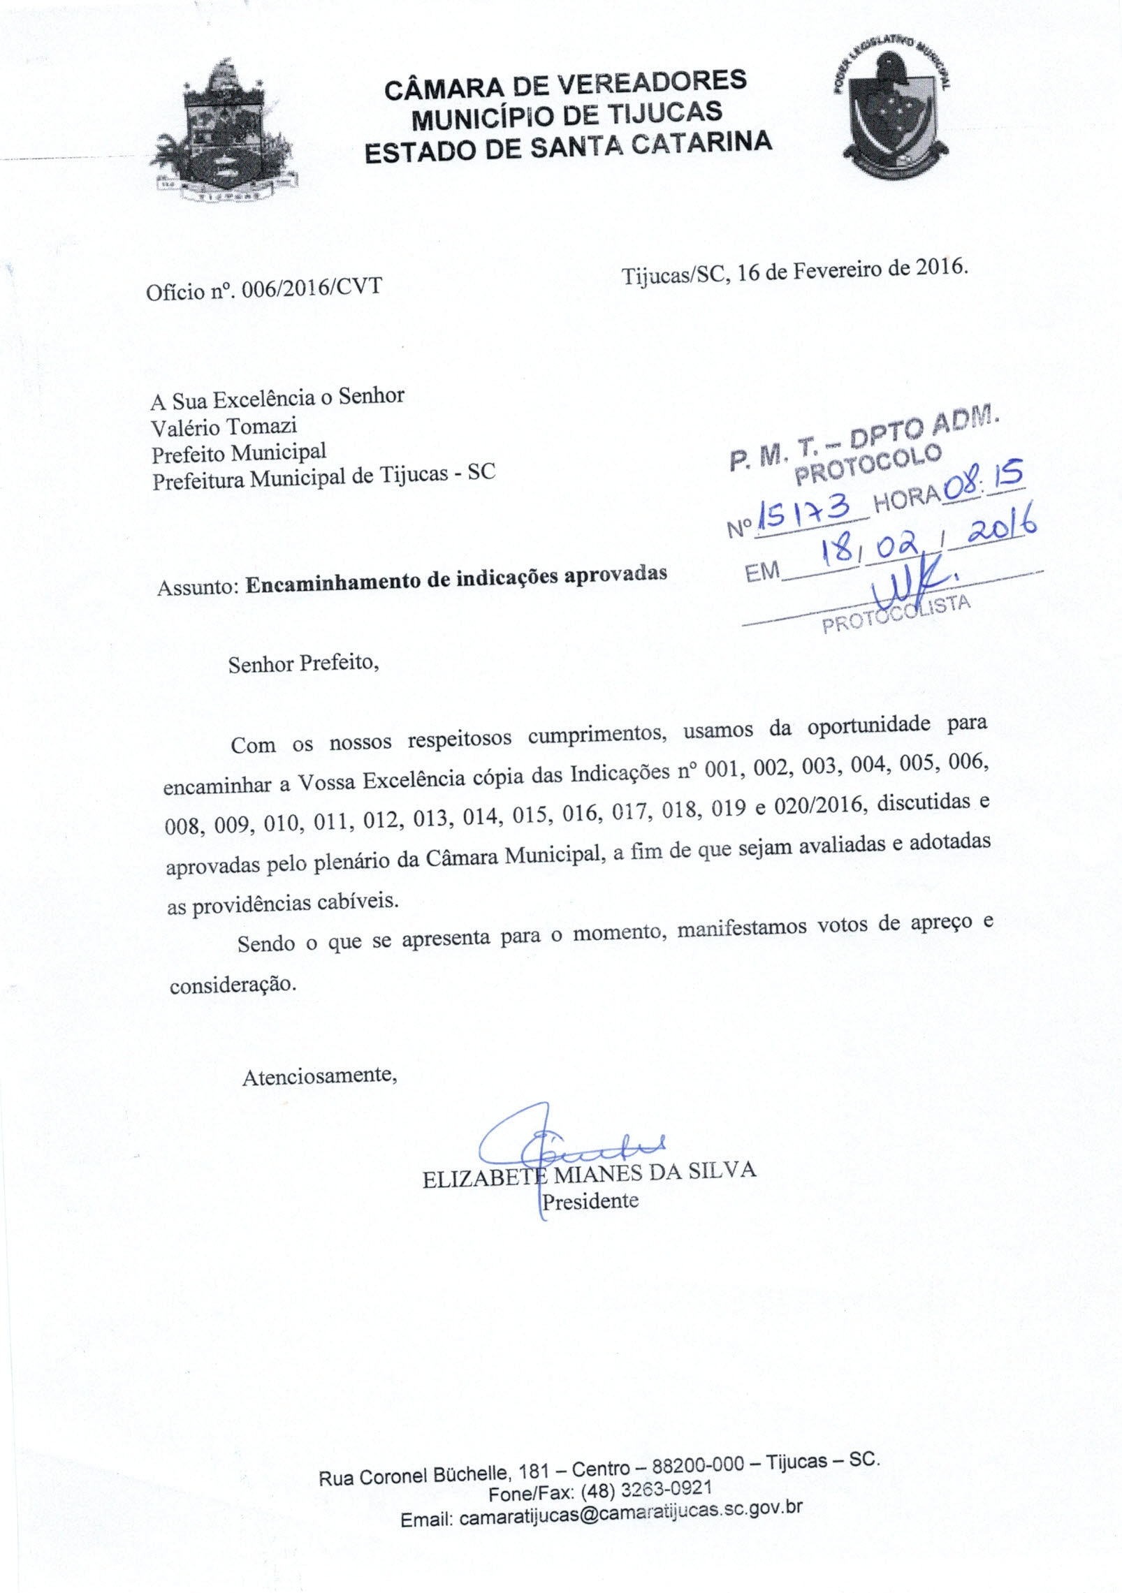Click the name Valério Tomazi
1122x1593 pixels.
(224, 426)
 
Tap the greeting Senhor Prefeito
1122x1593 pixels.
(303, 663)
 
